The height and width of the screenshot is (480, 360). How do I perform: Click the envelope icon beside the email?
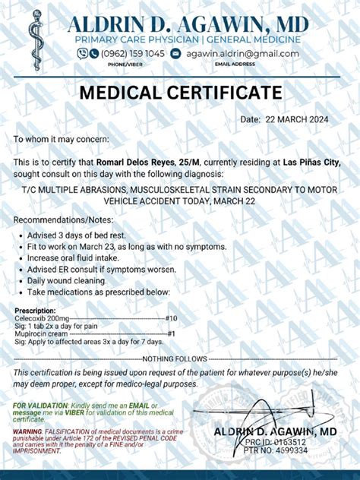click(x=176, y=53)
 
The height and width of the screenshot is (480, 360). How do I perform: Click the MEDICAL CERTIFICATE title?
click(x=181, y=93)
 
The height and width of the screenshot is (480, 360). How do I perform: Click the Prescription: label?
click(x=34, y=310)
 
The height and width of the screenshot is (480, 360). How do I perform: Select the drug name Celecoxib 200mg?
click(x=40, y=318)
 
